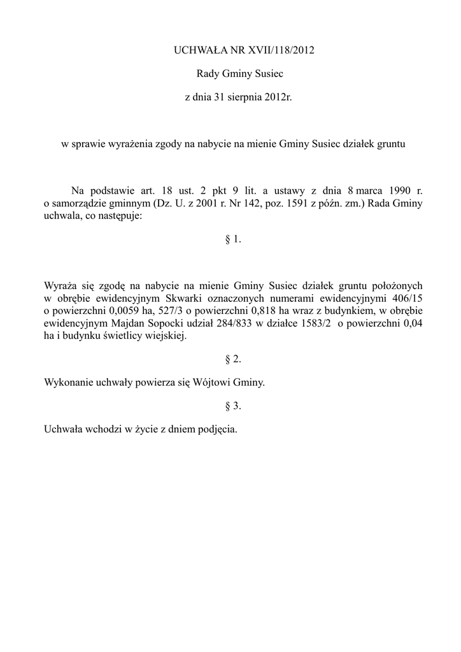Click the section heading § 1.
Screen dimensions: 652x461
click(233, 239)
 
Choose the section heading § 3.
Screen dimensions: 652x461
click(233, 405)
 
